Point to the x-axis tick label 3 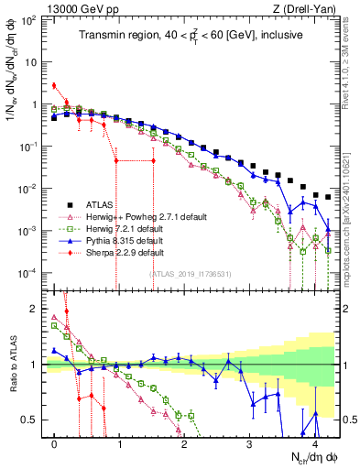pyautogui.click(x=249, y=442)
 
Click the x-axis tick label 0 pyautogui.click(x=55, y=442)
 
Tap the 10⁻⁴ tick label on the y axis pyautogui.click(x=30, y=273)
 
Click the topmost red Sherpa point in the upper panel pyautogui.click(x=54, y=86)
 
